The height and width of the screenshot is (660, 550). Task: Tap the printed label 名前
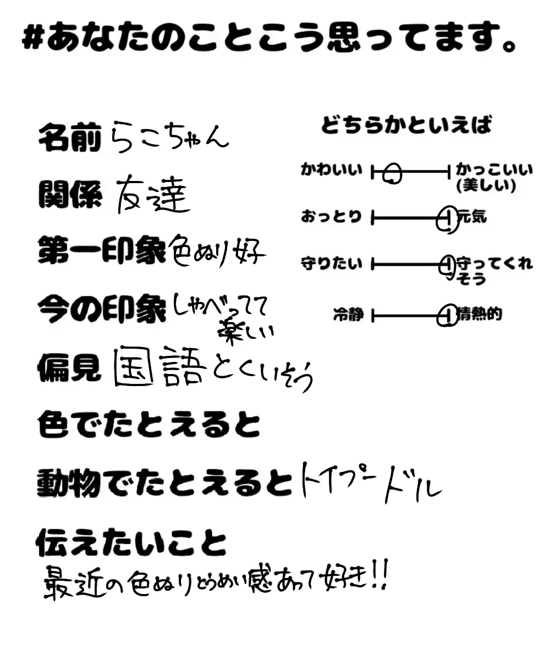[70, 138]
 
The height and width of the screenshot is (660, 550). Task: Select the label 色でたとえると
[148, 424]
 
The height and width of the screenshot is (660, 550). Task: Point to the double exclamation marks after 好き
[380, 579]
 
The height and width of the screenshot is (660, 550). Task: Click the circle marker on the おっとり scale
[447, 219]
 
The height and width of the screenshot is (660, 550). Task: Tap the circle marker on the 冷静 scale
[448, 316]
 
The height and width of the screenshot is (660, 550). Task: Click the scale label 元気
[472, 217]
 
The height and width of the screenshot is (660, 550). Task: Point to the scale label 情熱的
[479, 315]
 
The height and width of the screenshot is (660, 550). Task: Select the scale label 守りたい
[332, 263]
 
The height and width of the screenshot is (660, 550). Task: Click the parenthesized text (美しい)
[486, 186]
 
